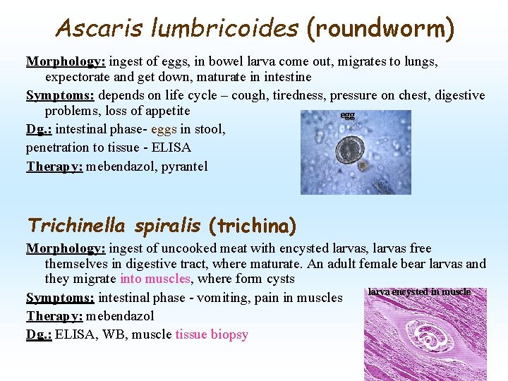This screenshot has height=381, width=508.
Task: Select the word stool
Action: click(209, 129)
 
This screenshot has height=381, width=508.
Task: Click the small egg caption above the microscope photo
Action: click(347, 114)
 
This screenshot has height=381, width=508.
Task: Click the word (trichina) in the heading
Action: click(253, 226)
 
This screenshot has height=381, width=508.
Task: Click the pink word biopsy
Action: click(229, 334)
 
